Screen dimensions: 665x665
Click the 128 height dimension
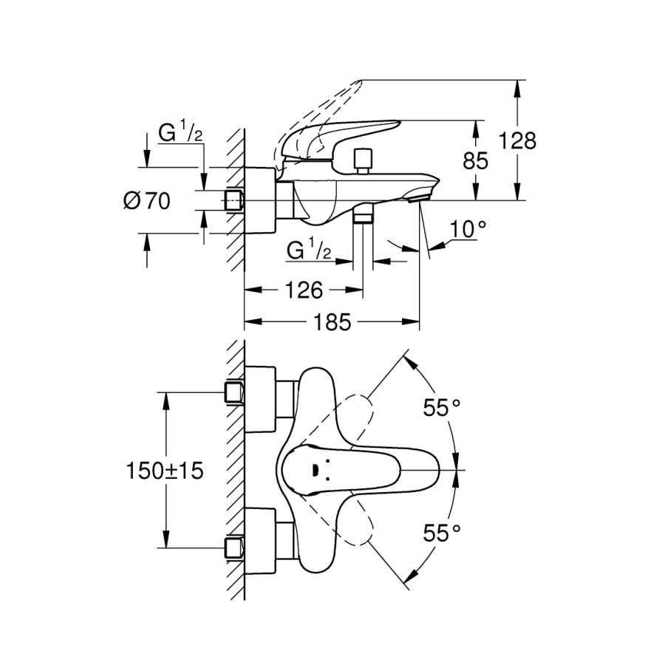click(x=517, y=141)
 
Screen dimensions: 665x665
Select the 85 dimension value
click(x=475, y=161)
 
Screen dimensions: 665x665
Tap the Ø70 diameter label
click(x=147, y=201)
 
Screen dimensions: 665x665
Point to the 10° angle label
click(x=468, y=230)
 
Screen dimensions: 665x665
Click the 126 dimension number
click(x=304, y=290)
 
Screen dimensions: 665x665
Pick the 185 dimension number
click(x=332, y=322)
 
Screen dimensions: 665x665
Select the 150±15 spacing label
click(x=165, y=471)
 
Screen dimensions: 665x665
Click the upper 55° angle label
click(x=442, y=408)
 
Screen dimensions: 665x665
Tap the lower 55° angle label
click(x=442, y=533)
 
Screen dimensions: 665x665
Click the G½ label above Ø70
click(x=180, y=132)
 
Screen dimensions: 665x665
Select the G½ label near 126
click(x=309, y=249)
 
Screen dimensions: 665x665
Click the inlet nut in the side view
click(x=233, y=200)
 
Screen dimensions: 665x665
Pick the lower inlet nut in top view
click(x=233, y=548)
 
